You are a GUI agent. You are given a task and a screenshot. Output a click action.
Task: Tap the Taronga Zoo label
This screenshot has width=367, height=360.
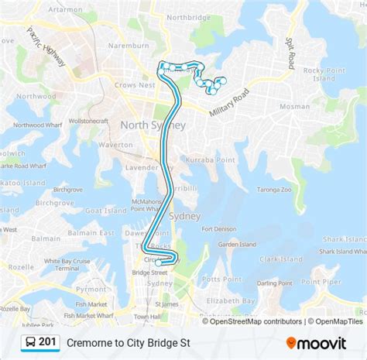(x=275, y=189)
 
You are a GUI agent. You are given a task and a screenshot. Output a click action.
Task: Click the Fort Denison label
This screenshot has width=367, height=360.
(x=218, y=229)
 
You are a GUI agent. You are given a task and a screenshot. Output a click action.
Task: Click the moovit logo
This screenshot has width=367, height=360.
(x=314, y=342)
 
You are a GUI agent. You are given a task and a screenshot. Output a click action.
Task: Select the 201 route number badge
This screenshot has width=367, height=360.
(x=39, y=342)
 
